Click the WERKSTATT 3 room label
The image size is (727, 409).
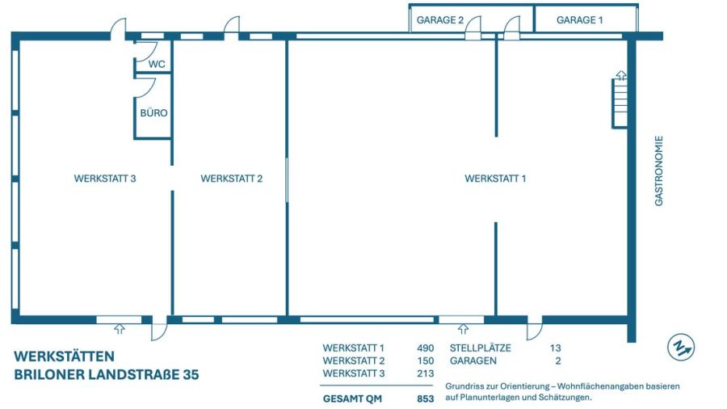[104, 179]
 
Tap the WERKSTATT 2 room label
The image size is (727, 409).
[231, 179]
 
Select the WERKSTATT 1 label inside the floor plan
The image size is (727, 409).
[495, 179]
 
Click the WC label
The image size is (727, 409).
[157, 64]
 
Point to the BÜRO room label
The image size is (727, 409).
[153, 113]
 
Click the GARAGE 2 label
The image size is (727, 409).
[439, 20]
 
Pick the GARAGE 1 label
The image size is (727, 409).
[579, 20]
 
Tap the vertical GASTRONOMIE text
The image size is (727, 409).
[658, 171]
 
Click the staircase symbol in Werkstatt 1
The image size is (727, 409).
[620, 101]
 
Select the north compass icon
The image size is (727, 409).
[681, 347]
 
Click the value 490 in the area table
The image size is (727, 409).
[425, 348]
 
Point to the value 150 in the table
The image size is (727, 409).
[425, 361]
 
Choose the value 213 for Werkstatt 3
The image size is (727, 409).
[425, 373]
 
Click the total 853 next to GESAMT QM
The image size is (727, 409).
[425, 398]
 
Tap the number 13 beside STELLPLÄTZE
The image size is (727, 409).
[555, 348]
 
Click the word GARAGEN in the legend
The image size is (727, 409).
[473, 361]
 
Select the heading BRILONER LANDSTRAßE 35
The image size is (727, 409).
[107, 374]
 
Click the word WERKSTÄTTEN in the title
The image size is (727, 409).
[65, 356]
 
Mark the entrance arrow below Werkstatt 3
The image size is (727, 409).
[120, 328]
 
